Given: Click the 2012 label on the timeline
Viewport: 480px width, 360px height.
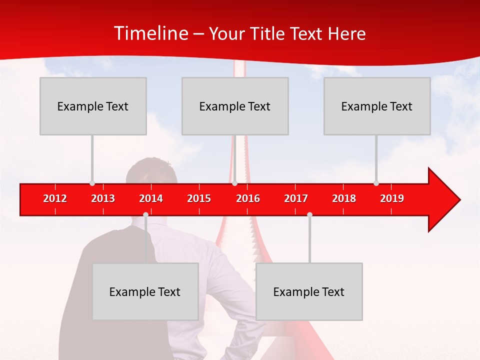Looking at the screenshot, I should point(55,198).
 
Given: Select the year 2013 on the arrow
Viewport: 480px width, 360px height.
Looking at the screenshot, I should point(103,198).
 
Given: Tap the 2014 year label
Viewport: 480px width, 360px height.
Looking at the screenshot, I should point(151,198).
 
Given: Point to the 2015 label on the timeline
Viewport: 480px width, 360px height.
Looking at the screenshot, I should point(199,198).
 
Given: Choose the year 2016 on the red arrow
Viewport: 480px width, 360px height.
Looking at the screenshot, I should point(248,198).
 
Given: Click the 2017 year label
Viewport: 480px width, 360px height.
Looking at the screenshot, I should point(296,198).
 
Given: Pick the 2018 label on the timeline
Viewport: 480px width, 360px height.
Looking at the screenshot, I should point(344,198).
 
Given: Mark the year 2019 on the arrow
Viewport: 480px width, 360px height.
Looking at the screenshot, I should point(392,198).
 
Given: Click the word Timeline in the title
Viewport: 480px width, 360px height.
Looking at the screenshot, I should point(150,33).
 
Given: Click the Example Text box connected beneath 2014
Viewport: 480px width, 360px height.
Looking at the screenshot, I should point(145,291).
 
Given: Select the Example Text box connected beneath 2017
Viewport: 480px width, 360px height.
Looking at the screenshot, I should point(309,291).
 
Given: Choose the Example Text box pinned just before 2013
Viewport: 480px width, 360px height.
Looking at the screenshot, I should point(93,106).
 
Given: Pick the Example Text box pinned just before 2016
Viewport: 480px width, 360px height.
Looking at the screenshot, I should point(235,106).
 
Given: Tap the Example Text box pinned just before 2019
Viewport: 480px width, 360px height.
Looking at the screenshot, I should point(377,106).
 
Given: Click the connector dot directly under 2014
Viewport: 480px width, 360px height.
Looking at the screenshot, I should point(145,214).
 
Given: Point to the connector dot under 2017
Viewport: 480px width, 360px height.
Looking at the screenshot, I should point(309,214).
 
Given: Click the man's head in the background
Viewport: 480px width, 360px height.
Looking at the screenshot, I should point(151,172).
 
